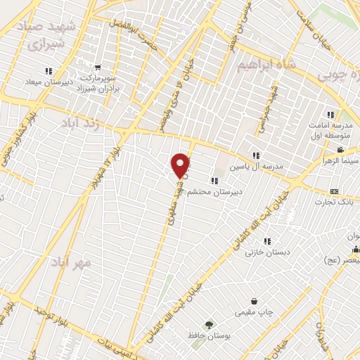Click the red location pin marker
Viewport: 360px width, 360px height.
click(181, 165)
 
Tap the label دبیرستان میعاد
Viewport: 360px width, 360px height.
click(49, 82)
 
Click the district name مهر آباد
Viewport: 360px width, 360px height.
click(71, 263)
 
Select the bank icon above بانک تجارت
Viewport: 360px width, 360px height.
click(333, 192)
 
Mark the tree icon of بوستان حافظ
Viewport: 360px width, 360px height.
click(208, 324)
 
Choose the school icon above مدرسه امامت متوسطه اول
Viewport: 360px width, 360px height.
click(330, 115)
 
